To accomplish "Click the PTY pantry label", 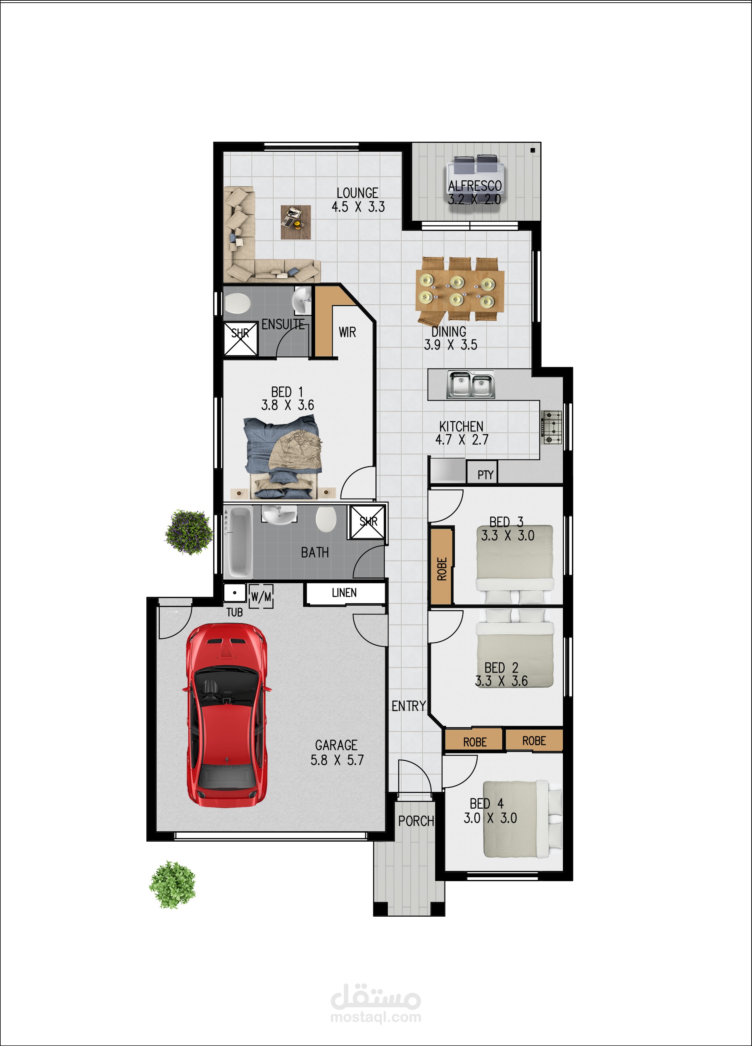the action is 485,474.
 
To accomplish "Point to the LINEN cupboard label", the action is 344,593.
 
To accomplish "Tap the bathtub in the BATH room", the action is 239,542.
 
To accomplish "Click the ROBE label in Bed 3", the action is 442,569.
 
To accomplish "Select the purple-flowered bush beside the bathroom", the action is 189,532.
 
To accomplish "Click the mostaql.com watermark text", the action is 375,1017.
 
